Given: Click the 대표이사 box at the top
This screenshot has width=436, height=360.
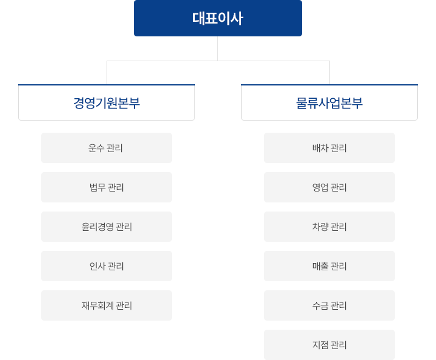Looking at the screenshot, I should coord(218,18).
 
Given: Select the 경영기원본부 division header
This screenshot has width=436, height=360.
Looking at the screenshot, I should coord(107,102).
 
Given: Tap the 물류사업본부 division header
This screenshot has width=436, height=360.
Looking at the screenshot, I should coord(329,102).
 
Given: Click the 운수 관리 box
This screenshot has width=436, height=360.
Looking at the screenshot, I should coord(107,148).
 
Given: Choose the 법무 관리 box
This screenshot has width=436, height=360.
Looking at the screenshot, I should coord(107,187).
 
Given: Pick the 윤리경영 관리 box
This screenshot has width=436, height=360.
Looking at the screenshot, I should coord(107,227).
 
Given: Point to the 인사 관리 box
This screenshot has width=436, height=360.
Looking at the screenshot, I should coord(107,266).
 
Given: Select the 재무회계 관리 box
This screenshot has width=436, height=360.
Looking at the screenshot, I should coord(107,305).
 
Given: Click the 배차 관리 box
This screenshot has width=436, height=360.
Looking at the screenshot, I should coord(329,148).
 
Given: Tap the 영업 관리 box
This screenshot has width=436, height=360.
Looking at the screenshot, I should coord(329,187).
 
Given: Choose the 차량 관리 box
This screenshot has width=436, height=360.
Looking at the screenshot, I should coord(329,227).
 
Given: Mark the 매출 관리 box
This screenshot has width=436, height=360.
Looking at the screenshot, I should coord(329,266).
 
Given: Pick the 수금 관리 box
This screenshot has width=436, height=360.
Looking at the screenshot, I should coord(329,305).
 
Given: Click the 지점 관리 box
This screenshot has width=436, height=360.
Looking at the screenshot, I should coord(329,345).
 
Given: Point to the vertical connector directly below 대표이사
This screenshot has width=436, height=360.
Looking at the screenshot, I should coord(218,48).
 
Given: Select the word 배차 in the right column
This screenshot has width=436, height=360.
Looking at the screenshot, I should coord(320,148).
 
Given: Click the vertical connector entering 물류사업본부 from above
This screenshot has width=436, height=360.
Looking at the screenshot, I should coord(329,73).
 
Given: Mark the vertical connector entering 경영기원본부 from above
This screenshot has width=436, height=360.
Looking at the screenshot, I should coord(107,73).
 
